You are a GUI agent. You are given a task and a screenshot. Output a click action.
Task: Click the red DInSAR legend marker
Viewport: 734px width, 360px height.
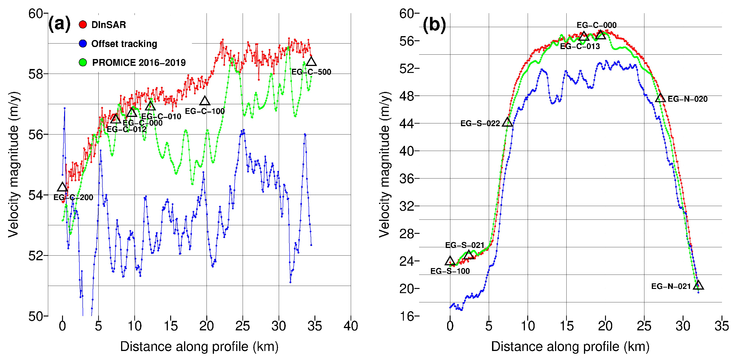(x=83, y=25)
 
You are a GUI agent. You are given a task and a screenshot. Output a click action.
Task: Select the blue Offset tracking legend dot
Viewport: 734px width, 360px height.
(x=83, y=44)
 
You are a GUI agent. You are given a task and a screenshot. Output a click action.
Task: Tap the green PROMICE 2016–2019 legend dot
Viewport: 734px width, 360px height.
(x=83, y=62)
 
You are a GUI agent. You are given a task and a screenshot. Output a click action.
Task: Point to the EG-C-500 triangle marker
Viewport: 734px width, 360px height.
(x=311, y=62)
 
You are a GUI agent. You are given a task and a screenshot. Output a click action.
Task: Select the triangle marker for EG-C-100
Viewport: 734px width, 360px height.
(x=205, y=101)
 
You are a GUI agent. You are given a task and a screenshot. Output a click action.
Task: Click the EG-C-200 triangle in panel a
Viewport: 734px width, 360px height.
(x=62, y=187)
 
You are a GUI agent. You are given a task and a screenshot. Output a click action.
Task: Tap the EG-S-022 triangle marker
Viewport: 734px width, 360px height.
(x=507, y=122)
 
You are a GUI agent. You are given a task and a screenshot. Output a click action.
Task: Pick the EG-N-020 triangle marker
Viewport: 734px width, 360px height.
(x=660, y=98)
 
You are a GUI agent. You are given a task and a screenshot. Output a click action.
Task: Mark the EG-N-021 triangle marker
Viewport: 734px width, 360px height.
(x=698, y=285)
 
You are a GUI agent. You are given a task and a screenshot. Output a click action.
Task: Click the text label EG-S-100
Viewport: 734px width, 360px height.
(x=450, y=271)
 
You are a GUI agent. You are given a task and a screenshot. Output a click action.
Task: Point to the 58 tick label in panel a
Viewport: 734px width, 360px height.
(x=36, y=74)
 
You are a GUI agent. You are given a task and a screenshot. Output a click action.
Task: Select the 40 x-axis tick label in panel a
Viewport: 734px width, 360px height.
(x=351, y=326)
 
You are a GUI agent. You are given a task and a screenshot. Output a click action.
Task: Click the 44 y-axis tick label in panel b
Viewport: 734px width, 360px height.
(x=407, y=123)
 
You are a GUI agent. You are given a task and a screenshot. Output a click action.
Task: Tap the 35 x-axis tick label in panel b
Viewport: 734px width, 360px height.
(x=721, y=326)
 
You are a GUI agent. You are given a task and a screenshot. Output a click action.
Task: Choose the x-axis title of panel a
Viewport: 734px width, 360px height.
(x=199, y=347)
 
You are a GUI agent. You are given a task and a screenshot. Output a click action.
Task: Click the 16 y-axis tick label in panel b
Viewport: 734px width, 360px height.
(x=407, y=316)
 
